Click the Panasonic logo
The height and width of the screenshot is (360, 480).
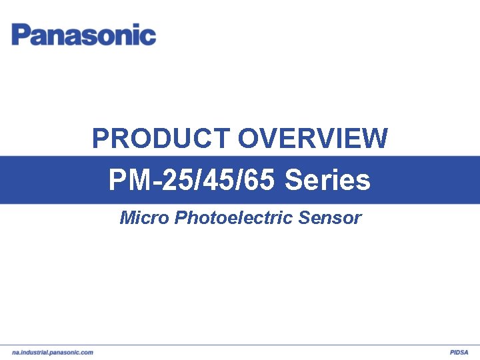(84, 35)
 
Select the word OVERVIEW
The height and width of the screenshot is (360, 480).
(313, 139)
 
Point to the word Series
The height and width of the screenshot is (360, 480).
(327, 180)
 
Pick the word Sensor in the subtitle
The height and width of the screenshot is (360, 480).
(330, 217)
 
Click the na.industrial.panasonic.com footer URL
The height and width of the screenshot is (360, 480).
(53, 352)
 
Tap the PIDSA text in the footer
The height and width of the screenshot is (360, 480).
(459, 352)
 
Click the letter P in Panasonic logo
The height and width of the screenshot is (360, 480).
(20, 35)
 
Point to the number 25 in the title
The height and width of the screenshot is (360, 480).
(176, 180)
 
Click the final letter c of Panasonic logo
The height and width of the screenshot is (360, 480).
(149, 36)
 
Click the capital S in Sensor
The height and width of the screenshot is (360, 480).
(304, 217)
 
